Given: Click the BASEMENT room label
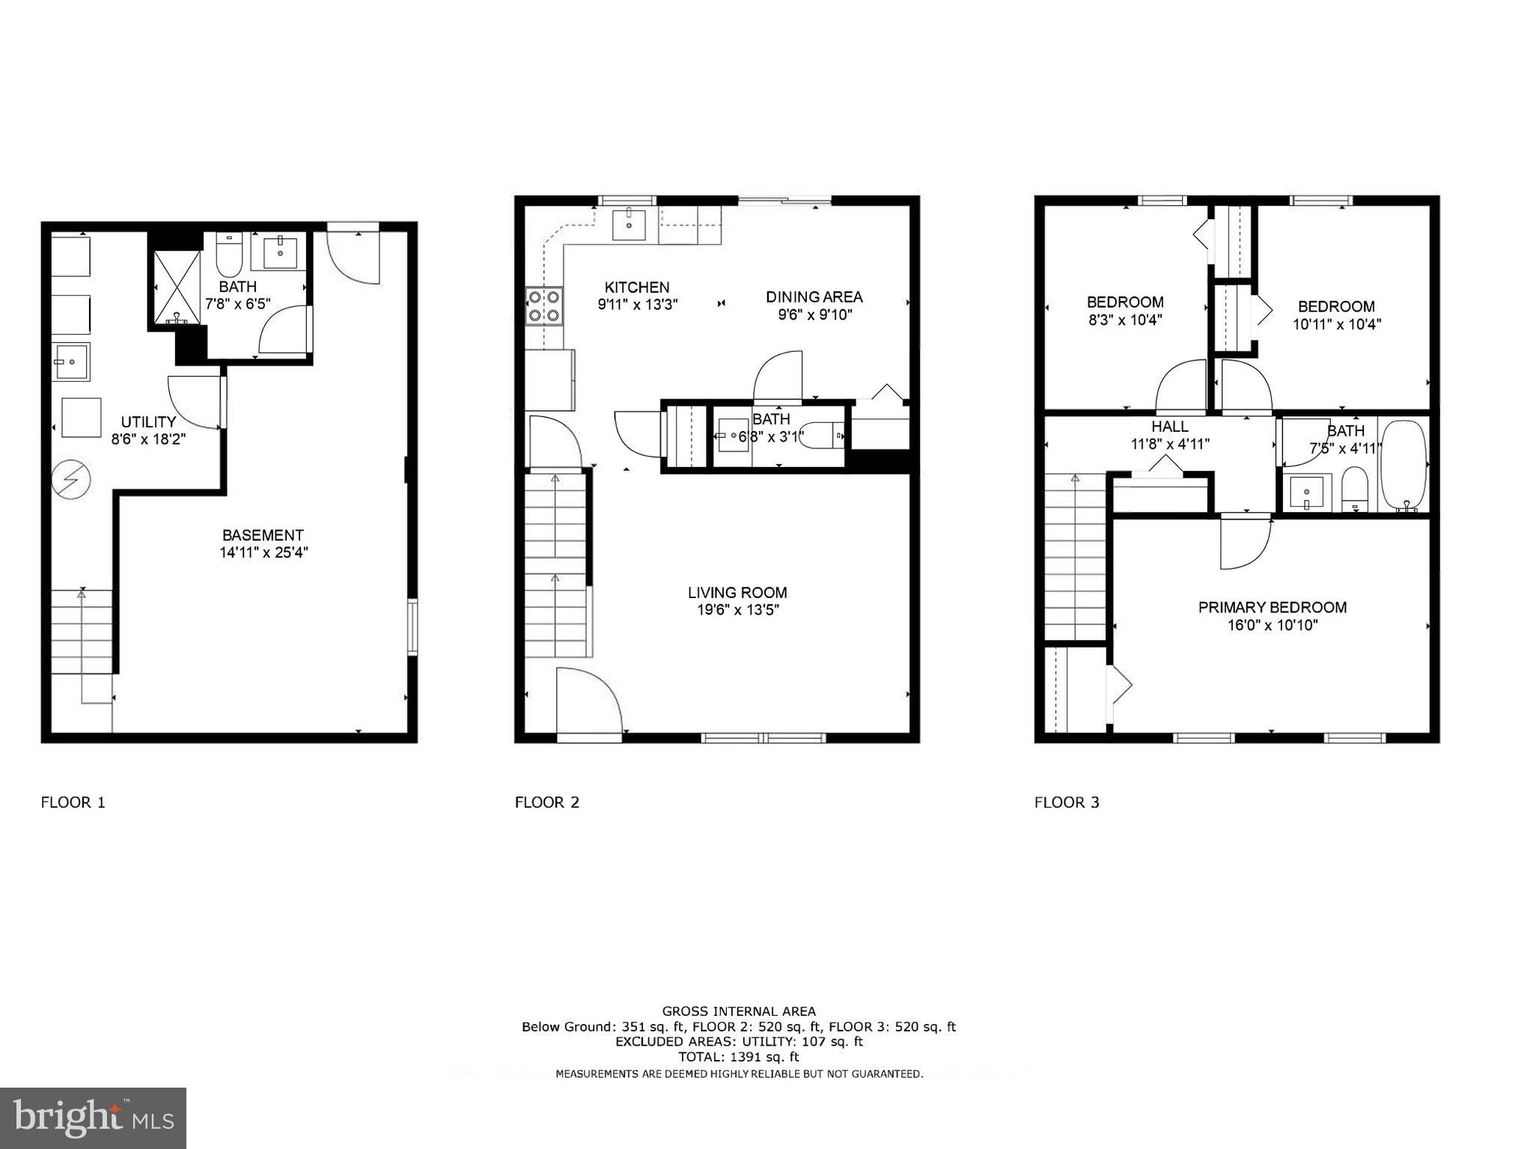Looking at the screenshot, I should pos(262,535).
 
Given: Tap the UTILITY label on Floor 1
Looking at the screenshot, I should pos(148,422).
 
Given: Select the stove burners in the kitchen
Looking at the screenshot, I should pos(544,306).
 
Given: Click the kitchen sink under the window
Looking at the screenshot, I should pos(629,225).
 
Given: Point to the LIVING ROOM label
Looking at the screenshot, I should pos(737,593).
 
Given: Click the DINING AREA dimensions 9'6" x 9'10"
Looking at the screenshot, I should pos(814,315).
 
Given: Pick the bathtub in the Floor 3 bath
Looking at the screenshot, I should pos(1404,465).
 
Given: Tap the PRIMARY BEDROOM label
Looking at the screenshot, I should pos(1272,608).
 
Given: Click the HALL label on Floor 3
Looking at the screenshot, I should pos(1169,427).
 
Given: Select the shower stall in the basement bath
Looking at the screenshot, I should pos(177,288).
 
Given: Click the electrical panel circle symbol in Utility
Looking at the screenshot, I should pos(70,478).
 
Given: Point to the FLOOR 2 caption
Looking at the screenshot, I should pos(546,803).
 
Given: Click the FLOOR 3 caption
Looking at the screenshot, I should pos(1067,803).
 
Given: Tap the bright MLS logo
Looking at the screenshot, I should pos(93,1118).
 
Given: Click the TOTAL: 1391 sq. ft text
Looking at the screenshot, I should pos(738,1057).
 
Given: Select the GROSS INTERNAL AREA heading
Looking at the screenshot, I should pos(738,1011).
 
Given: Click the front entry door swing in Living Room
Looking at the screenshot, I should pos(589,700).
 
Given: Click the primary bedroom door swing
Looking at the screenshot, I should pos(1244,541).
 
